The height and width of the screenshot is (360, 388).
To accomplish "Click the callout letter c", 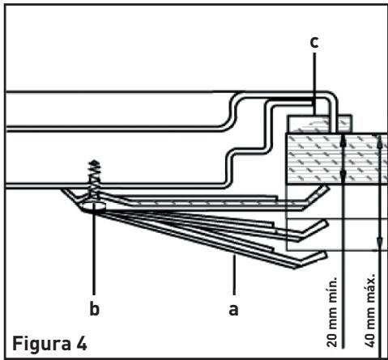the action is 314,43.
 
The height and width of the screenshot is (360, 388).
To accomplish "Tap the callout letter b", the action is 95,308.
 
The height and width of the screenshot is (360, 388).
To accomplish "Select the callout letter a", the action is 234,310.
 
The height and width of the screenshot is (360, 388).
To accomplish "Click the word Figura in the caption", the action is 41,344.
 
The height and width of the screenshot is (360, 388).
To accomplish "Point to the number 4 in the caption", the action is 82,344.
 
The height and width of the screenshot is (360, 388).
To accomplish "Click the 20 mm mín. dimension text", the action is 332,311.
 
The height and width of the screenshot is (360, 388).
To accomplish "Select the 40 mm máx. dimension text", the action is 370,310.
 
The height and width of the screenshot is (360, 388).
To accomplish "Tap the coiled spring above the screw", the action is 95,178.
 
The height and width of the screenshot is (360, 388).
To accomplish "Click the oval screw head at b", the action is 94,207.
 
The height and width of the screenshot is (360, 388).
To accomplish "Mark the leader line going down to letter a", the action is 234,274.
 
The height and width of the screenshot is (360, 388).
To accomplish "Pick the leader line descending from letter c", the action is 314,83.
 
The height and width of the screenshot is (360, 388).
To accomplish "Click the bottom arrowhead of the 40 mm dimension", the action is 380,242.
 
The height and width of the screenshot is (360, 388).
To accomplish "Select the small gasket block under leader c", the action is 319,124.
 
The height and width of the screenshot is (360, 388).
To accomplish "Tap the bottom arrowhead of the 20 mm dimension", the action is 343,176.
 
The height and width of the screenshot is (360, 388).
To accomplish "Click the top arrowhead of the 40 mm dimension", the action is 380,141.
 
